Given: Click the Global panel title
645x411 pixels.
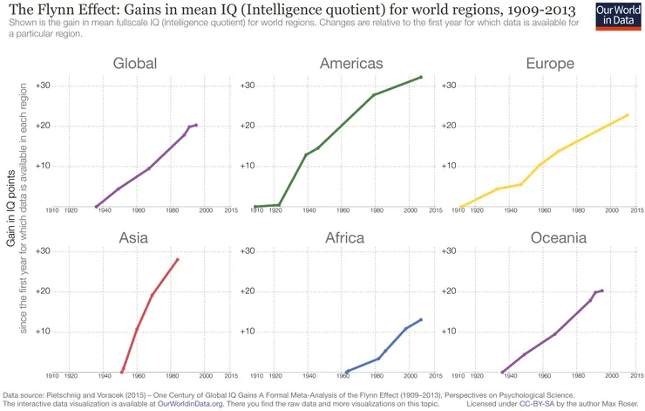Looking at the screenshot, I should (x=134, y=64).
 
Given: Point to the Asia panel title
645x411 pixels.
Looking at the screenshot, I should (x=134, y=237).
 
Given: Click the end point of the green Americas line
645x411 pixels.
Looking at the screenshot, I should (x=421, y=77).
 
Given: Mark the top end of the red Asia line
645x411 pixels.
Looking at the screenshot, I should (x=178, y=259).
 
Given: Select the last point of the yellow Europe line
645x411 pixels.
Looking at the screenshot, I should (x=628, y=115).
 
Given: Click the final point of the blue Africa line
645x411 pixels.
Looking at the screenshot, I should (x=421, y=319).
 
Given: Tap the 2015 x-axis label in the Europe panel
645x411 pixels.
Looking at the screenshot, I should (x=637, y=210).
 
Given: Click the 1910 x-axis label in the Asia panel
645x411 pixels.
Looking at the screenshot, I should (x=51, y=376).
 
